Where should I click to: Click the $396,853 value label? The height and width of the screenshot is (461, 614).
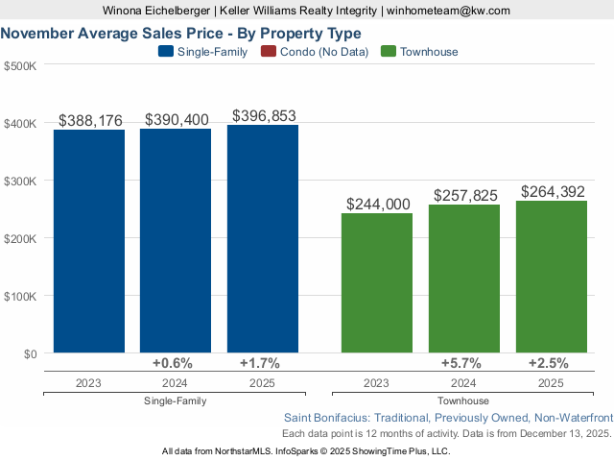264,115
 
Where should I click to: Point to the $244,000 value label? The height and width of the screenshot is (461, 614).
377,204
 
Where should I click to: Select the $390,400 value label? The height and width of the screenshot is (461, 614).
177,119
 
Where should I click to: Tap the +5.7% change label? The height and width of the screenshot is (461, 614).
464,363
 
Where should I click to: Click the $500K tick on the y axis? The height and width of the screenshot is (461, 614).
20,66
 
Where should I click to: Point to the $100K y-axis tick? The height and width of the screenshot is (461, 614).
20,296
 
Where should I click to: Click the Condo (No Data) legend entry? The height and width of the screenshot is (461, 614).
321,52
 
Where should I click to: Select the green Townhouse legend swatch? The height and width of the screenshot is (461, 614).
389,52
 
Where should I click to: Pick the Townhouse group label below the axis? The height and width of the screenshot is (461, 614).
463,400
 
